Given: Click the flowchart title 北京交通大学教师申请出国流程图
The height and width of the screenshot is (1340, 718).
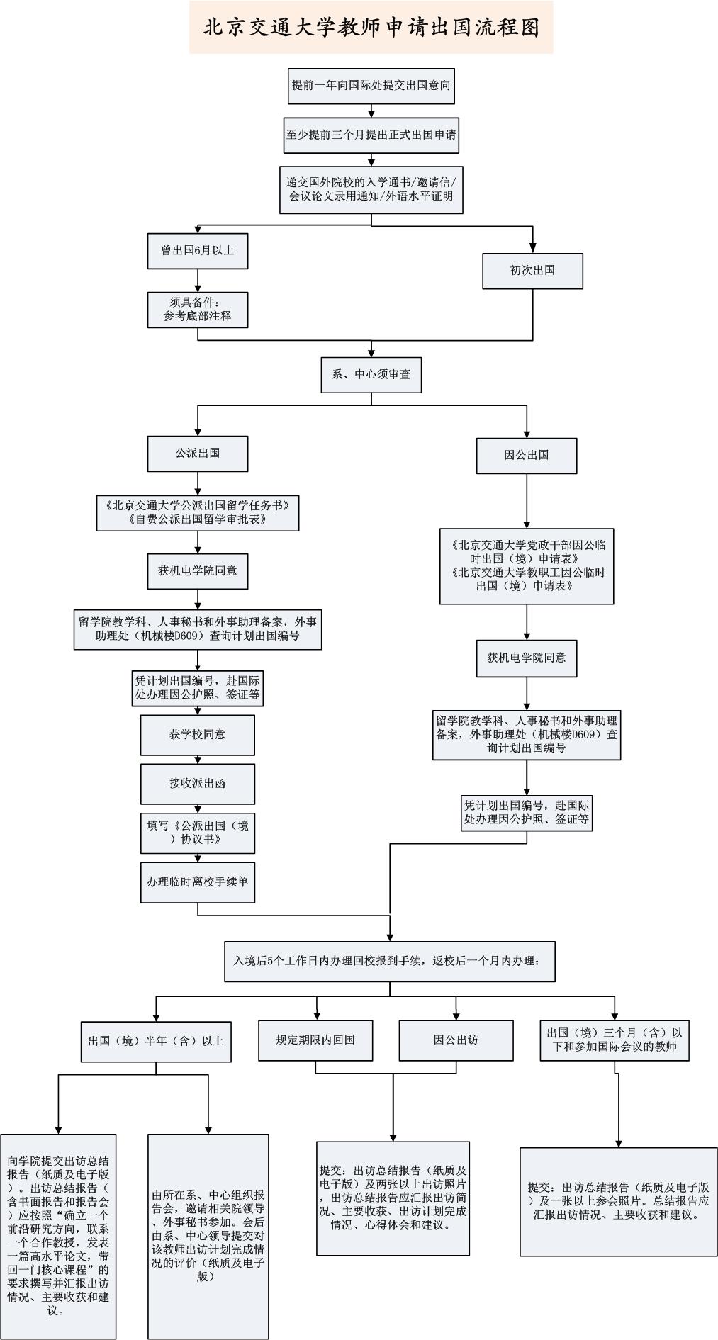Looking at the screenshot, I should coord(371,27).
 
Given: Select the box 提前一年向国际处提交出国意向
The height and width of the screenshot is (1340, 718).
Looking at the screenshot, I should coord(371,86).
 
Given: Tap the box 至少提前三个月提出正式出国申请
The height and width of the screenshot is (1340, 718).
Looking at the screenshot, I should coord(371,135).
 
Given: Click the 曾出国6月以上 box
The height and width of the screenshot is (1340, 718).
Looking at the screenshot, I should coord(198,250).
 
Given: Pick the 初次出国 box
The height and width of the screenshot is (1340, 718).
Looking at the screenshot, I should coord(532,271).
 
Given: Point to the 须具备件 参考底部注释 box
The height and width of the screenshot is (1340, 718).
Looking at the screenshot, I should coord(198,310).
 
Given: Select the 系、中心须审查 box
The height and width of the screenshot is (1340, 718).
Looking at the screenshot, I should coord(371,374).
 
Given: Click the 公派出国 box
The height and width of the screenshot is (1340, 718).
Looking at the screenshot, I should coord(198,453).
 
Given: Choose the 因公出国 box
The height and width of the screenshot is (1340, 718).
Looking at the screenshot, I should coord(526,455).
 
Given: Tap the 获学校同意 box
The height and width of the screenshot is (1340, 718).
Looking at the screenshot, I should coord(198,735).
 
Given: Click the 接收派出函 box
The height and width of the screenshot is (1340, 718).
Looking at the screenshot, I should coord(198,783).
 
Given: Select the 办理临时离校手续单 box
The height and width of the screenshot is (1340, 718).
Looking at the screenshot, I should coord(198,882).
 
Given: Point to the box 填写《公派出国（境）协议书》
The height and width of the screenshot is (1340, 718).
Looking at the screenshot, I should coord(198,833).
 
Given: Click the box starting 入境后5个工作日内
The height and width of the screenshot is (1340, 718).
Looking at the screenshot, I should coord(389,962).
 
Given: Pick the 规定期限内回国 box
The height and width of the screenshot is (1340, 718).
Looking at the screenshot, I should coord(315,1040).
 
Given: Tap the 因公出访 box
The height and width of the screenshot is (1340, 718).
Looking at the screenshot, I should coord(456,1040).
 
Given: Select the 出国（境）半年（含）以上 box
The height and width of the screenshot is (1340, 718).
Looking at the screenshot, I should coord(156,1041).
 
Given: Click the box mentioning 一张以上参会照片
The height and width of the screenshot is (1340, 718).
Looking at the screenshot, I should coord(619,1200).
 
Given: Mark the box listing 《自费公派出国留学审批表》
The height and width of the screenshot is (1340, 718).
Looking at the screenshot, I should coord(198,512).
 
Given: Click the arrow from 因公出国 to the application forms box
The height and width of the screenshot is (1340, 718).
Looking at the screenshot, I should coord(526,501).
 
